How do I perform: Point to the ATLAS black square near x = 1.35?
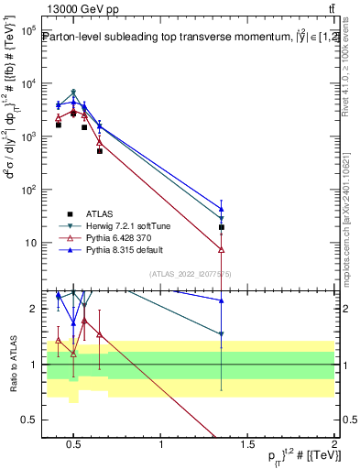click(222, 227)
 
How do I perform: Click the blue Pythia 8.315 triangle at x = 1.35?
click(222, 209)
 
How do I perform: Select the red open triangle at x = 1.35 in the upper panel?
click(222, 249)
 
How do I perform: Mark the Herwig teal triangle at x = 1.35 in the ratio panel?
click(222, 334)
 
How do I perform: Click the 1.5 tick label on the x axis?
click(247, 445)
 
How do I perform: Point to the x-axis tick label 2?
click(333, 445)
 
